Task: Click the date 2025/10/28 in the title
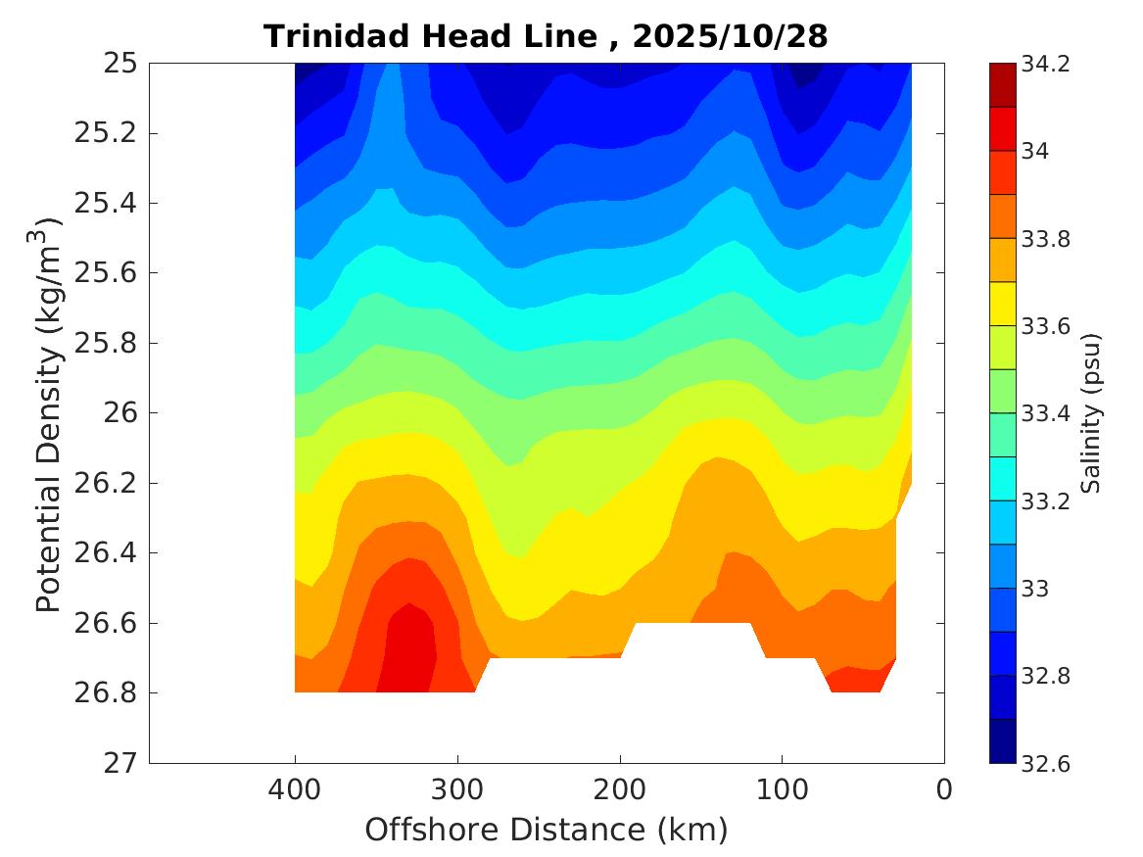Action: pos(730,37)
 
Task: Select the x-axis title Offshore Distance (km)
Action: pos(547,831)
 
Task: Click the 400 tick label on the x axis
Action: pos(295,789)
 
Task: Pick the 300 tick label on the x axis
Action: pos(457,789)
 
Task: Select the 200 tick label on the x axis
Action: pos(620,789)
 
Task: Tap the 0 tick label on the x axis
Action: pos(944,789)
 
